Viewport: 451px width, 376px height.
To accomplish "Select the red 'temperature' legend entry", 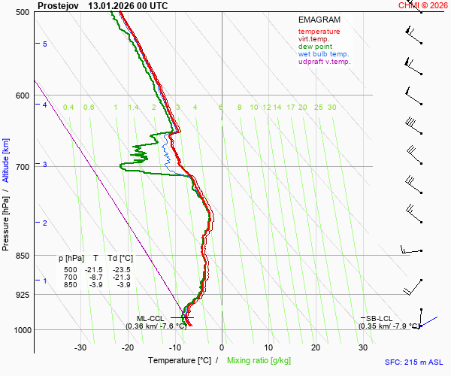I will tap(319, 32).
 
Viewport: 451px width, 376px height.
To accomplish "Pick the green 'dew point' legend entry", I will tap(315, 47).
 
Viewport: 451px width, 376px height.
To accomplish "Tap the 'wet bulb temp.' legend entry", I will tap(323, 54).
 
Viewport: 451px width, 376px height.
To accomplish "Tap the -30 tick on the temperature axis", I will tap(80, 347).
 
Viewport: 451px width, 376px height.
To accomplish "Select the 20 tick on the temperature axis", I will tap(316, 347).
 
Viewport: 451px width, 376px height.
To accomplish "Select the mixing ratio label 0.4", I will tap(68, 108).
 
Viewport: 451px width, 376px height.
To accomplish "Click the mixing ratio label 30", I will tap(331, 108).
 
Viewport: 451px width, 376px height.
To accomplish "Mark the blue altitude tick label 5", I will tap(45, 45).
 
